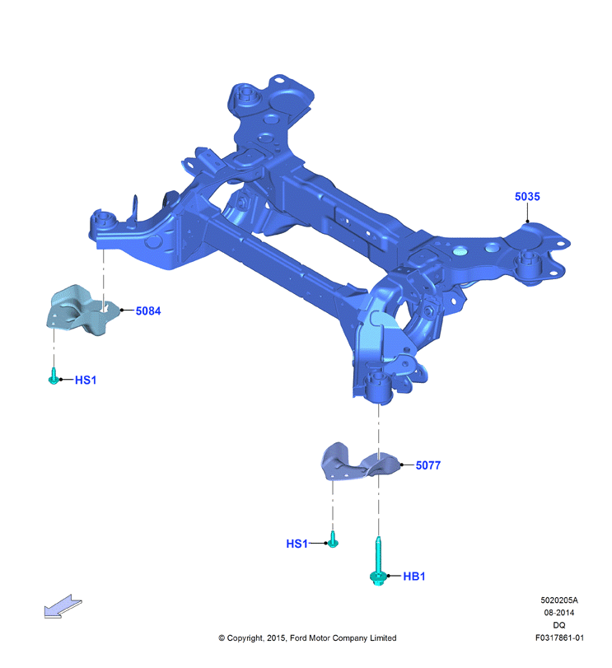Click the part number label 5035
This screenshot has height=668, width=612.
pyautogui.click(x=527, y=196)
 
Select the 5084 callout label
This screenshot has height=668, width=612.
pyautogui.click(x=148, y=311)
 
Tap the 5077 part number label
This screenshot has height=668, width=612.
pyautogui.click(x=428, y=465)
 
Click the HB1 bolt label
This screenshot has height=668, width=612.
pyautogui.click(x=414, y=577)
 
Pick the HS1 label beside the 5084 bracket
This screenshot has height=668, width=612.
pyautogui.click(x=86, y=380)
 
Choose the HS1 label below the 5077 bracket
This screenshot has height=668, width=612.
pyautogui.click(x=297, y=544)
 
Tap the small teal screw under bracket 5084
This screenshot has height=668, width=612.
pyautogui.click(x=54, y=376)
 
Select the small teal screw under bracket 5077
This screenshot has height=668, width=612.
pyautogui.click(x=333, y=540)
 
